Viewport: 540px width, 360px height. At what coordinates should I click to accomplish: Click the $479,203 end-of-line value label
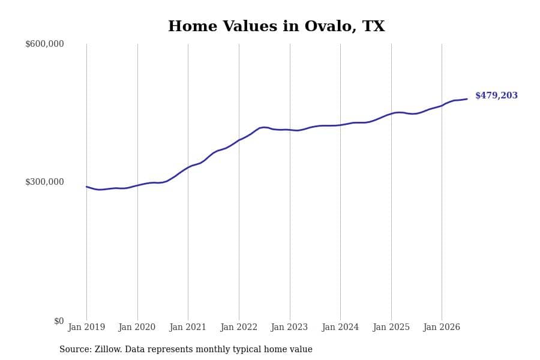pos(496,95)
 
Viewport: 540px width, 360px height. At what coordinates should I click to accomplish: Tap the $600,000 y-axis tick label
pos(44,44)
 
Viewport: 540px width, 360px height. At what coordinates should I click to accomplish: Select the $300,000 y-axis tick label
pos(44,182)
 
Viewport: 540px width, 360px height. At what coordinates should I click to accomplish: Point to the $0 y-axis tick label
pos(59,321)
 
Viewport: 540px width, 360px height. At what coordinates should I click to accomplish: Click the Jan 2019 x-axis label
pos(86,327)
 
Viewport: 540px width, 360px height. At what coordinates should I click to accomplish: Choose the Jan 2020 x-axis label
pos(137,327)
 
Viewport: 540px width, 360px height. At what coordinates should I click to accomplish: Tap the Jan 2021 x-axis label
pos(188,327)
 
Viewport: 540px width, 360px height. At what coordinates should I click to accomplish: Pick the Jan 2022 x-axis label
pos(239,327)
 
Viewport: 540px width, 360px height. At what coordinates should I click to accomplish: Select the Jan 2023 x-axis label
pos(289,327)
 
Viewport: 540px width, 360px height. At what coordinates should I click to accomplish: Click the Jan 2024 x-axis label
pos(340,327)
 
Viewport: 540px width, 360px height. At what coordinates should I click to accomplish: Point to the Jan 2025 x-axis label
pos(391,327)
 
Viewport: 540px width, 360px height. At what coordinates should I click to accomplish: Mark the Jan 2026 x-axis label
pos(442,327)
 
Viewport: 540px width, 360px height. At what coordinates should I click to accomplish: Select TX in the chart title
pos(374,26)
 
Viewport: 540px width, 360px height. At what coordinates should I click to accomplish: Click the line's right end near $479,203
pos(467,99)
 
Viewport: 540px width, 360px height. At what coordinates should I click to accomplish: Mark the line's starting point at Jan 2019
pos(86,187)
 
